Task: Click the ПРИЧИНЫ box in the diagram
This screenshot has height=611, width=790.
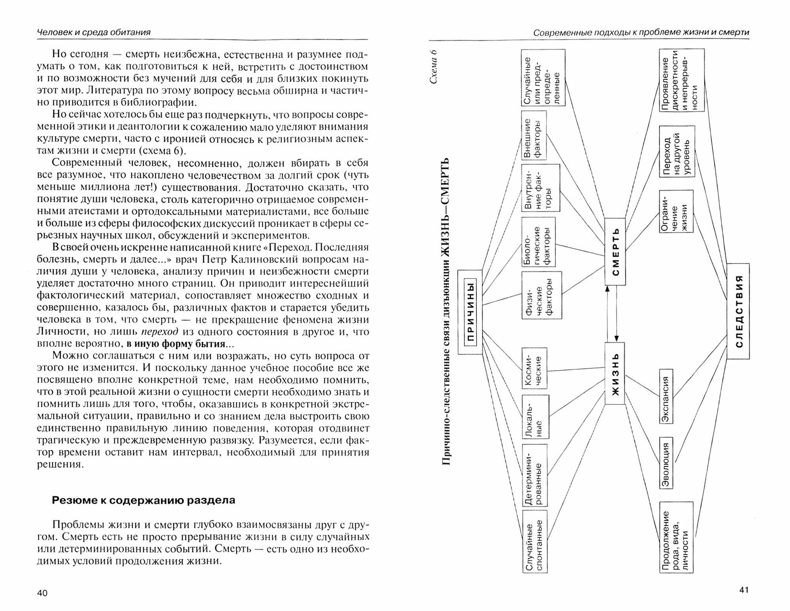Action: (470, 312)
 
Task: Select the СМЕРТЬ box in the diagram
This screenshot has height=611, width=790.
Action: (615, 252)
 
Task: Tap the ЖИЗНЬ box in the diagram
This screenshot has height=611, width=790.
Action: (615, 373)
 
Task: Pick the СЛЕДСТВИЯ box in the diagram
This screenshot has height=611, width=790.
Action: (738, 311)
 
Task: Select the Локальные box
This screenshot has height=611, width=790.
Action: (534, 417)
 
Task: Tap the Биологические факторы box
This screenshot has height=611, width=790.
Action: (538, 242)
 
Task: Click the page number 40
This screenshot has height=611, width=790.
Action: (42, 593)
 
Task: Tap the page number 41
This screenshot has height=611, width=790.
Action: (743, 590)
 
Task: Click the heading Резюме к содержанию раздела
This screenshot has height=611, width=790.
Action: (144, 500)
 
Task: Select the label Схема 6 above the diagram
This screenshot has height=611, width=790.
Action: (434, 67)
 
